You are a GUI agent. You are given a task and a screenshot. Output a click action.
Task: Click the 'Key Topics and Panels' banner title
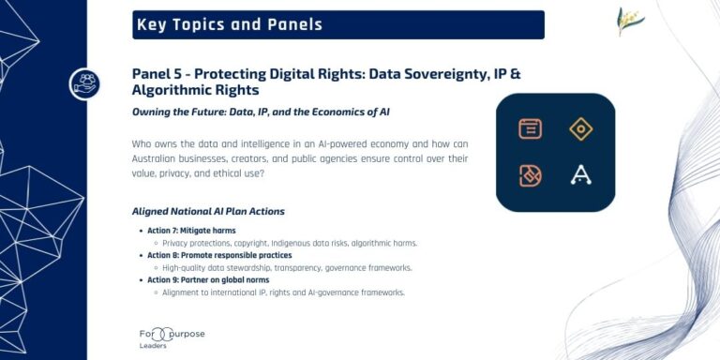pyautogui.click(x=229, y=25)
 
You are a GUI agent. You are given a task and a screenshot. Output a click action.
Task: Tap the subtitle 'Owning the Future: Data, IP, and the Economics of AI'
pyautogui.click(x=261, y=112)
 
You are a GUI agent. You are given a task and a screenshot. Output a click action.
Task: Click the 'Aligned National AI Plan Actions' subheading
pyautogui.click(x=209, y=211)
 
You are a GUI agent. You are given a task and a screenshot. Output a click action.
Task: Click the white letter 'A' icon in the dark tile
pyautogui.click(x=581, y=175)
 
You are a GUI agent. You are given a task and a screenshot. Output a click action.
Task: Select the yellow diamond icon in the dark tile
pyautogui.click(x=581, y=129)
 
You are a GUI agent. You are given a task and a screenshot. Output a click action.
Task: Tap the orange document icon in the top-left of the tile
pyautogui.click(x=531, y=129)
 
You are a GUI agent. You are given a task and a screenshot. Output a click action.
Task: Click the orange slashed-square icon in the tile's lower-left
pyautogui.click(x=531, y=175)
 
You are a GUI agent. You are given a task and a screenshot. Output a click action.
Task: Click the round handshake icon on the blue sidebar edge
pyautogui.click(x=84, y=83)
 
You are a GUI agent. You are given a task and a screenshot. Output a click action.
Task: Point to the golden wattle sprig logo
pyautogui.click(x=630, y=22)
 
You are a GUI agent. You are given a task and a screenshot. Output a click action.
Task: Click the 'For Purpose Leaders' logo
pyautogui.click(x=171, y=337)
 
